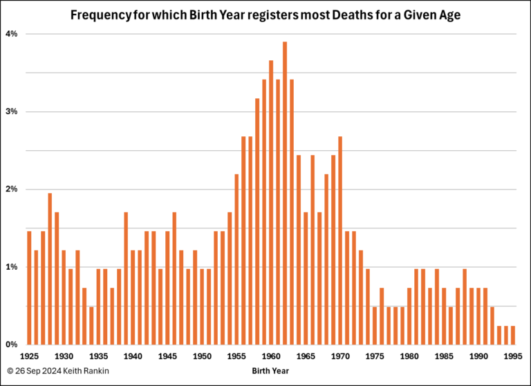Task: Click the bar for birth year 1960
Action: (x=271, y=202)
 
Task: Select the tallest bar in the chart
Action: (x=285, y=193)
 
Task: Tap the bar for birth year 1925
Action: (x=29, y=288)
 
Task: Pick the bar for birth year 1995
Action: (x=513, y=336)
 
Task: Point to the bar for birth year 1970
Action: (x=340, y=240)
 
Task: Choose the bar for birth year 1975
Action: (x=375, y=326)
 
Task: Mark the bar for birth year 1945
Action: (x=167, y=288)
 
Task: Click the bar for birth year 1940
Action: (x=133, y=297)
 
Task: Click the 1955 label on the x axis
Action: (x=236, y=356)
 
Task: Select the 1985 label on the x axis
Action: (x=444, y=356)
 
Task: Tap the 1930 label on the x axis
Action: (x=64, y=356)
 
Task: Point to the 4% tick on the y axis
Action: (x=11, y=34)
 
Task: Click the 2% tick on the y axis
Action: (x=11, y=189)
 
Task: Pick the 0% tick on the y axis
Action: (x=11, y=344)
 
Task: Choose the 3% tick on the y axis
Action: (x=11, y=111)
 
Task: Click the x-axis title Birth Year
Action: (x=270, y=371)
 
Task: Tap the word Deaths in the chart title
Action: (x=350, y=15)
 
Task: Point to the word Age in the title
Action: (x=450, y=16)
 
